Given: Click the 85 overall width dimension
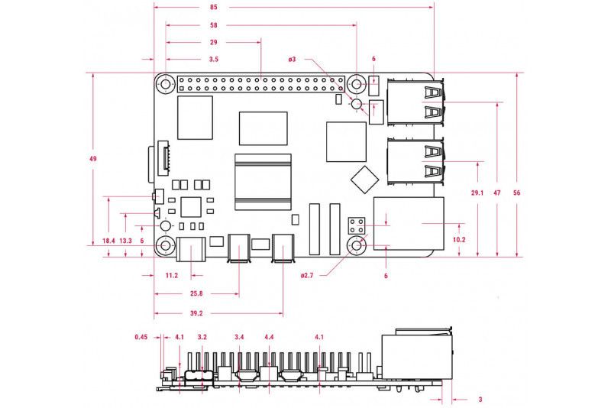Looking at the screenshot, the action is [213, 7].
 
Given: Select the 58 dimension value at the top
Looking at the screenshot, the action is [214, 25].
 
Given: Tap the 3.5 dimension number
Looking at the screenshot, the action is [214, 60].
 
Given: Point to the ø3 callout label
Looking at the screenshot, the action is [292, 60].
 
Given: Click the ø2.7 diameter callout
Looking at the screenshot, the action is [307, 276].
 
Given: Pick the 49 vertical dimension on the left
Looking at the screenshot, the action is [92, 159].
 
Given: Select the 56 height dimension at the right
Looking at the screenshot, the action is [517, 193].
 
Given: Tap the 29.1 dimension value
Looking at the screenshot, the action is [477, 193].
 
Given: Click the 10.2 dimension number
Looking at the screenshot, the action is [459, 240].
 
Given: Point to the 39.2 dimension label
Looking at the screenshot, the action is [196, 313].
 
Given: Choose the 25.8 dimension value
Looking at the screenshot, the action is [196, 293].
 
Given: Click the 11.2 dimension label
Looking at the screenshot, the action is [171, 276].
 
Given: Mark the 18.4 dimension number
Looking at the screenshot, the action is [108, 241].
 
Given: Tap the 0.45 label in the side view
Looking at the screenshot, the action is [141, 337].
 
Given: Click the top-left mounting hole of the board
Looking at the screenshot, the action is [165, 84].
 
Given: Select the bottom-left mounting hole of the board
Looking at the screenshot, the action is [165, 246].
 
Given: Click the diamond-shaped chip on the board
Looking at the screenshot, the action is [365, 180].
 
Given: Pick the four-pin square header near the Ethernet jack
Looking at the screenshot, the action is [357, 225].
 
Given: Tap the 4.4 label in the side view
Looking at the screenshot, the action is [269, 337].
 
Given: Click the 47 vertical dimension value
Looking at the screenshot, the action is [497, 193].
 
